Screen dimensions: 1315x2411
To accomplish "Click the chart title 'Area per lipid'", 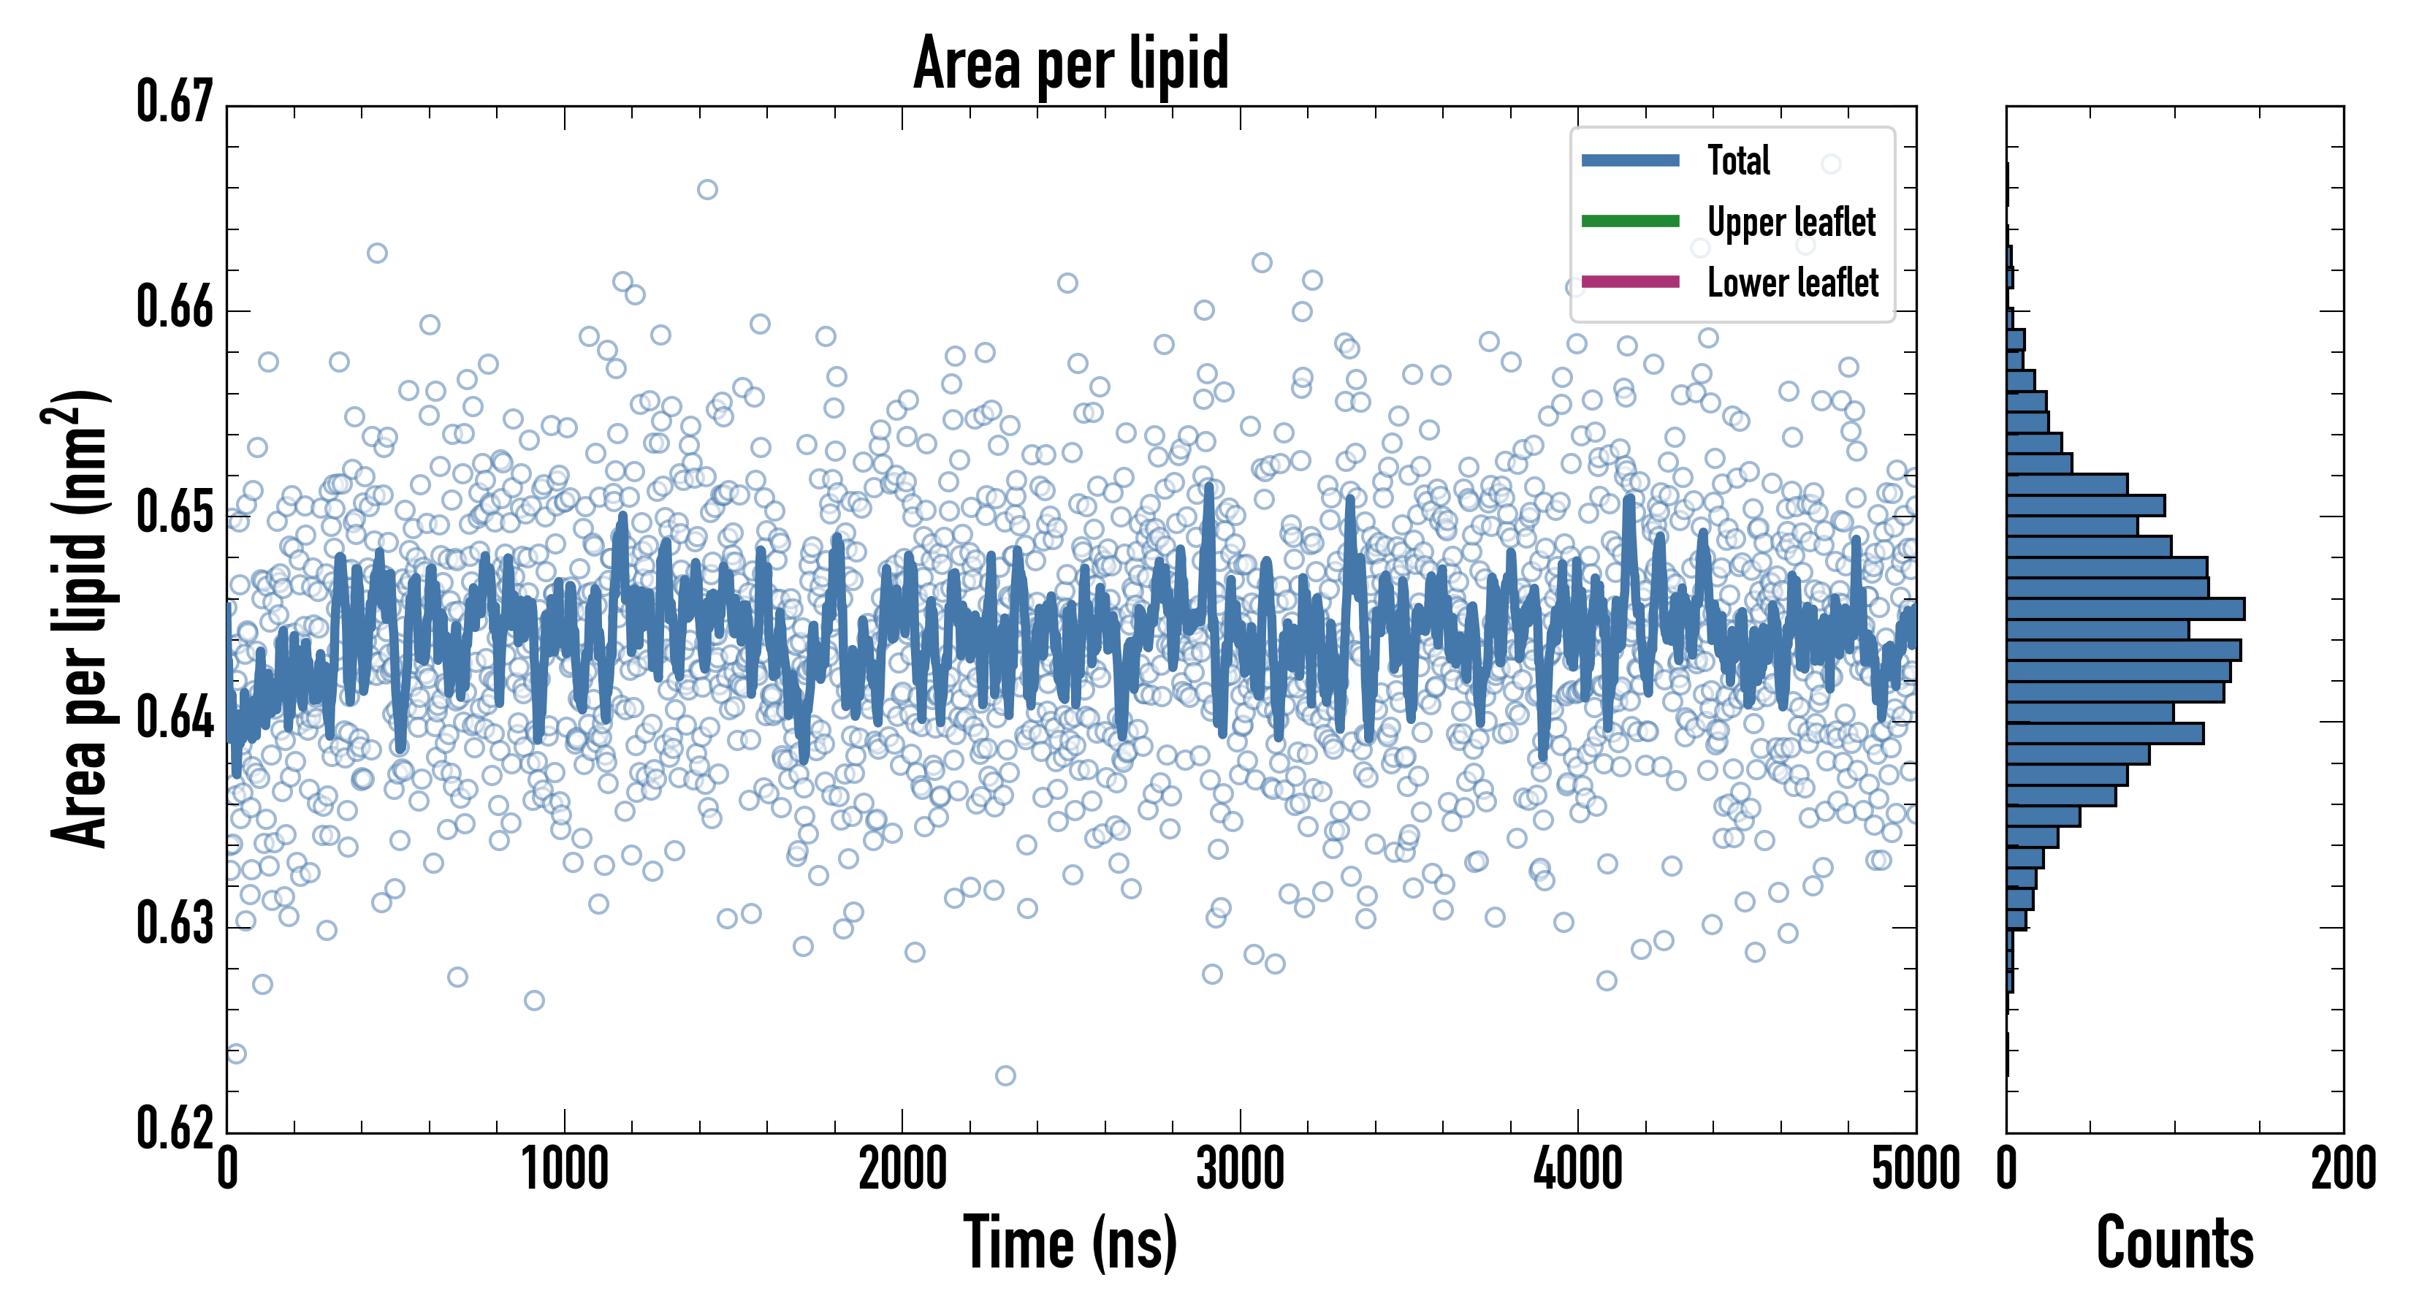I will point(1071,64).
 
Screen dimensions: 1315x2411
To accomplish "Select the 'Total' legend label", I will point(1738,161).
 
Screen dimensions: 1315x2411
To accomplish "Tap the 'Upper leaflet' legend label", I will point(1791,222).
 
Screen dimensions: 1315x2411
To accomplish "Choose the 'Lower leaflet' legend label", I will point(1792,283).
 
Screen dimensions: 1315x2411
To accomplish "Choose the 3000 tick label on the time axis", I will point(1240,1170).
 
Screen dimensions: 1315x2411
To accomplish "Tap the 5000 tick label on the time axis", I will point(1915,1170).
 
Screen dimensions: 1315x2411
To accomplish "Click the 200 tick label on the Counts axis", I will point(2342,1170).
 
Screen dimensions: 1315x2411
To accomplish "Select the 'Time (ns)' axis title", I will point(1071,1243).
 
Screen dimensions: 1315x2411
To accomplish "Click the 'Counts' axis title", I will point(2174,1243).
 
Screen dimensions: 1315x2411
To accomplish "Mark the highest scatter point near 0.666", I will point(707,190).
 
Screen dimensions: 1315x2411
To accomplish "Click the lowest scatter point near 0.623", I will point(1005,1075).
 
